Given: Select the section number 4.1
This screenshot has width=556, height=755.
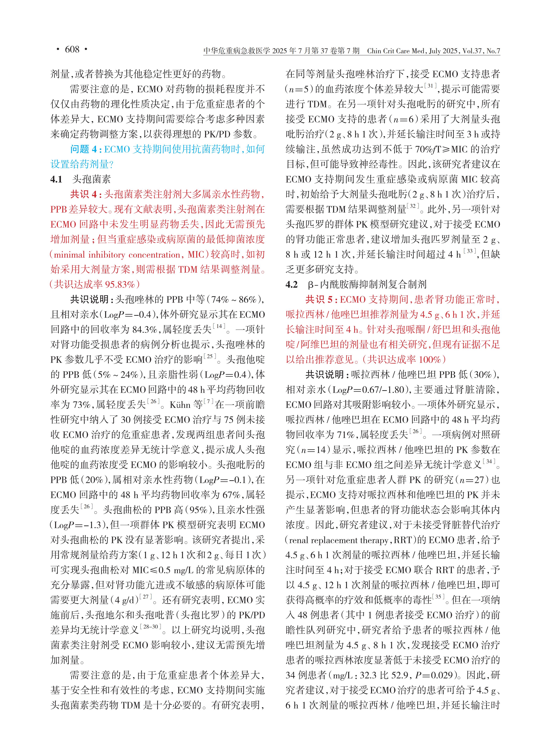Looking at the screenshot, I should coord(57,179).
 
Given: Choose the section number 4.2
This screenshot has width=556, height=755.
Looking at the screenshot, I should coord(292,285).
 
